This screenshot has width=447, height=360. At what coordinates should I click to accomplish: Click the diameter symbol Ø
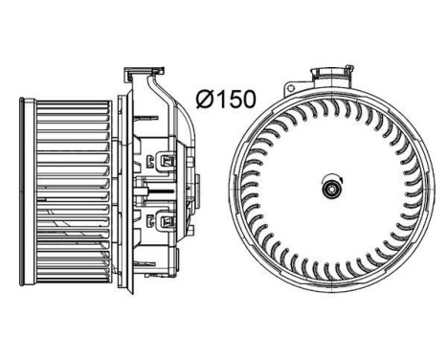coord(204,99)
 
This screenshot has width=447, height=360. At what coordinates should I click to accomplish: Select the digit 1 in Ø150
coord(219,99)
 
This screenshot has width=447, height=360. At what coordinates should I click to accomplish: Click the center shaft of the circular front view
coord(333,189)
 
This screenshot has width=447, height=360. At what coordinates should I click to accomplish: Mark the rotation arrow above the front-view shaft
coord(333,179)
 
